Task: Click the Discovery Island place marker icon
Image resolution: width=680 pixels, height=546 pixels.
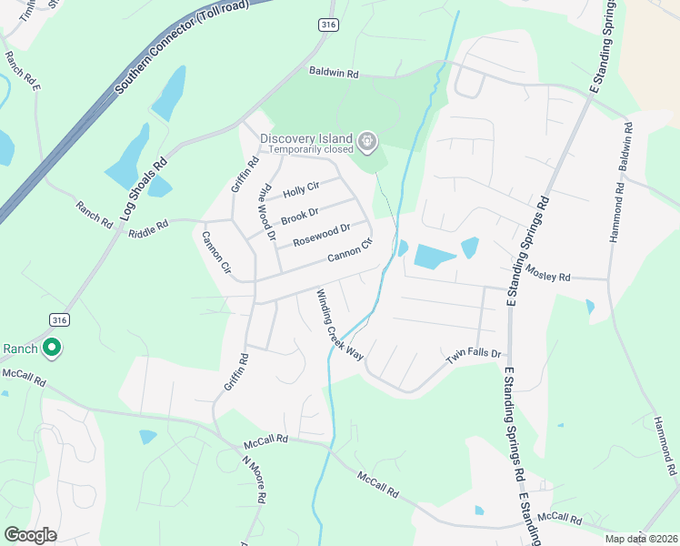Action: tap(367, 141)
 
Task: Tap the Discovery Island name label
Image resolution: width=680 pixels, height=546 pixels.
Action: tap(307, 138)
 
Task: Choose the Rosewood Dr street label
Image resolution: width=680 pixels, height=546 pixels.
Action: tap(321, 236)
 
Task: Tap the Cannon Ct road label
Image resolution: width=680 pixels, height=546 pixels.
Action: tap(350, 250)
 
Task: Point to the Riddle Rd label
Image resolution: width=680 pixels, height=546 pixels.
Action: tap(148, 224)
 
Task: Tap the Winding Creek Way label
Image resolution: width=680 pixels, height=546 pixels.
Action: tap(340, 325)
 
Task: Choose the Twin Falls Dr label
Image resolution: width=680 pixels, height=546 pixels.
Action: tap(473, 356)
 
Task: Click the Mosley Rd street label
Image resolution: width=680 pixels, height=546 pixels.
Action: tap(548, 275)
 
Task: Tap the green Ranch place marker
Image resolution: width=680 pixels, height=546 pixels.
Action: tap(53, 348)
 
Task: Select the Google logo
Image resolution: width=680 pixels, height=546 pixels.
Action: tap(30, 534)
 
